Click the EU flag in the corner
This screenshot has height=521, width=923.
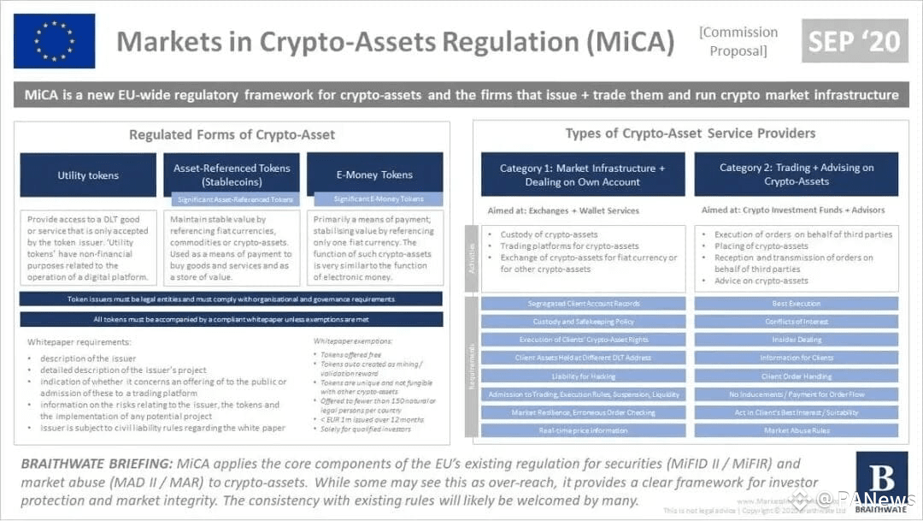coord(54,40)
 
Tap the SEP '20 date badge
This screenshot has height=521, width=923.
coord(855,40)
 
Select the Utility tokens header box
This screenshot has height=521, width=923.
coord(88,175)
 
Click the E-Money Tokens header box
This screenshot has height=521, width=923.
coord(374,175)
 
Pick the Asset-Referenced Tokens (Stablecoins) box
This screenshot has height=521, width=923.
coord(232,175)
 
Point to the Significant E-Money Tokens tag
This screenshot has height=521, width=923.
coord(378,199)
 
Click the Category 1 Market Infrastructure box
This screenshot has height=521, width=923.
coord(583,175)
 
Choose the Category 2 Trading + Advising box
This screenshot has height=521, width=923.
coord(796,175)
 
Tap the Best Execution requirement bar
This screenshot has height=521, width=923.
coord(796,304)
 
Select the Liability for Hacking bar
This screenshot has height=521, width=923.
coord(583,376)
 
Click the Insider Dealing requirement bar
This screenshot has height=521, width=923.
coord(796,340)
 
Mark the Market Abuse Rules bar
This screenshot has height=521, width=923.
coord(796,431)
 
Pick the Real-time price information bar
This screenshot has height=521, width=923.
coord(583,431)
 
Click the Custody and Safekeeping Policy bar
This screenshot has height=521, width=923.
coord(583,322)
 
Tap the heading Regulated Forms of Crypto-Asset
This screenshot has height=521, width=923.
coord(232,134)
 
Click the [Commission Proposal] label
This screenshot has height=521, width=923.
coord(738,41)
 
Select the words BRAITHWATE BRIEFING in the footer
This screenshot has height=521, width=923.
coord(97,465)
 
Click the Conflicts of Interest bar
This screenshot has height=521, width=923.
coord(796,322)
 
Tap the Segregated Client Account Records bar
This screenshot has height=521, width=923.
coord(583,304)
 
